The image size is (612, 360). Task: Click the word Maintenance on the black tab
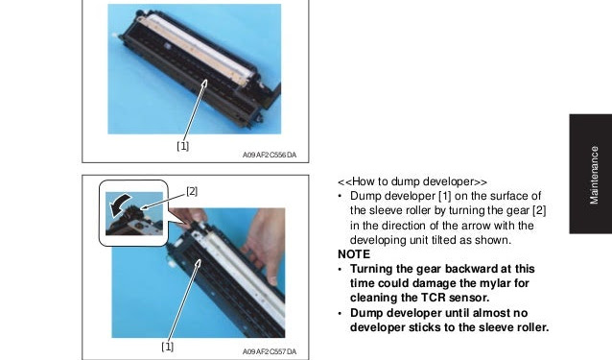click(x=594, y=175)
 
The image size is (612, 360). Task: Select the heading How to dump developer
click(x=412, y=181)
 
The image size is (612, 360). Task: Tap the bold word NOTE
click(x=354, y=254)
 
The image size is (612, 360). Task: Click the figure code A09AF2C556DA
click(x=270, y=155)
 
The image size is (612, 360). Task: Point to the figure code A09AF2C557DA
click(x=270, y=351)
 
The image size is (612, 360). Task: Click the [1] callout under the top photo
click(x=182, y=146)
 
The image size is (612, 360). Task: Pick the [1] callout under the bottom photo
click(x=168, y=347)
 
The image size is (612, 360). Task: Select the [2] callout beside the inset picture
click(x=192, y=191)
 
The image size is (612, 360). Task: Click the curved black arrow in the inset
click(x=120, y=204)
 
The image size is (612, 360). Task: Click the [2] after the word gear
click(x=539, y=210)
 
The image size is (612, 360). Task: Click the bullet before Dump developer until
click(x=341, y=313)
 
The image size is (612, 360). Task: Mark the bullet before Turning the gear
click(x=341, y=269)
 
